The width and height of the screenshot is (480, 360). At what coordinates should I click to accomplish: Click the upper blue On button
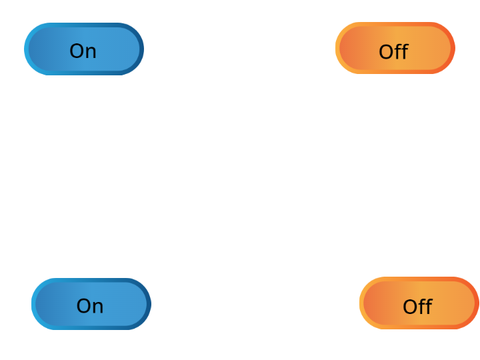84,49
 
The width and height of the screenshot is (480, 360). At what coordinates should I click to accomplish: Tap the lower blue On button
91,304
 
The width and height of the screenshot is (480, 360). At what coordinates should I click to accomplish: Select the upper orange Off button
395,48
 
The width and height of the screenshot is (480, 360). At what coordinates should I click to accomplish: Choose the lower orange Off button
419,303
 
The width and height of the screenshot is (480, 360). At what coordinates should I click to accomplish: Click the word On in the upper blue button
83,51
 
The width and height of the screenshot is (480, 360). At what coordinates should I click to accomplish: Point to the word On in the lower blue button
90,306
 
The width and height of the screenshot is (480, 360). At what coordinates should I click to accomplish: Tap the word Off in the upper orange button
394,51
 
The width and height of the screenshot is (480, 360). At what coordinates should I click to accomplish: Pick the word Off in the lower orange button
418,306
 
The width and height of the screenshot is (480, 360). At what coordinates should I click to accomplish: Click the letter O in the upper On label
76,51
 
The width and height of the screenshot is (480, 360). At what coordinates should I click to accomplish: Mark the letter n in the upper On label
91,53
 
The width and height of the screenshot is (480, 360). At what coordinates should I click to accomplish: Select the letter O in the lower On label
83,306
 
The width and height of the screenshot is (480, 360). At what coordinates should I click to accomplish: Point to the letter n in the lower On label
98,308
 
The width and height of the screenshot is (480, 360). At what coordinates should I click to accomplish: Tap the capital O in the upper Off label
386,52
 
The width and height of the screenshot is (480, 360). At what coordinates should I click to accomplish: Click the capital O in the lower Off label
410,307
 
